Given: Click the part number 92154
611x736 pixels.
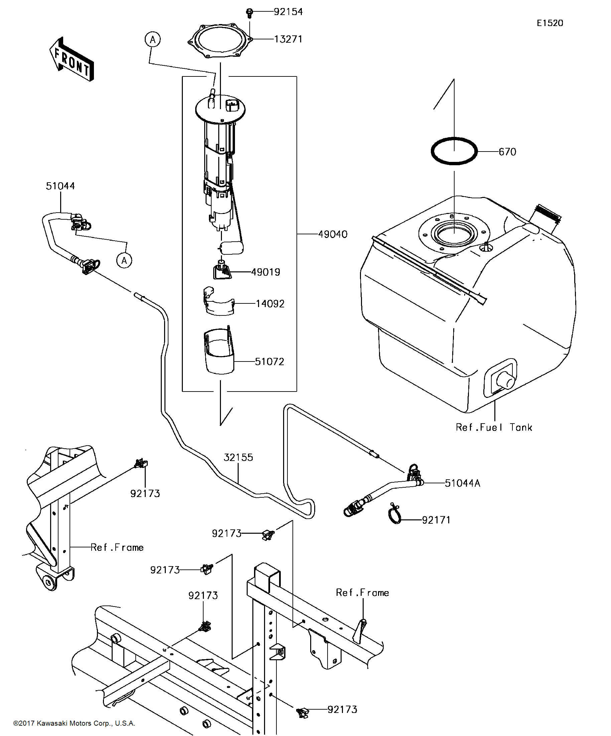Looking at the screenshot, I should [288, 12].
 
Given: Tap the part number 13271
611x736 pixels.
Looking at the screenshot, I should [288, 39].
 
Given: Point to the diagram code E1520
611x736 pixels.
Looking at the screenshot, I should [549, 23].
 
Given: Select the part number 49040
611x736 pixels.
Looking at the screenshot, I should [333, 234].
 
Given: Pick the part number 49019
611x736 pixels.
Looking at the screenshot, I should [266, 272].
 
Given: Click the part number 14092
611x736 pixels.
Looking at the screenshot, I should [270, 303].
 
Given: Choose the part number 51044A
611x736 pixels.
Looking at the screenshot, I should [462, 483].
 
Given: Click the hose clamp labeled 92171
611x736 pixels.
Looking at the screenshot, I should [395, 515].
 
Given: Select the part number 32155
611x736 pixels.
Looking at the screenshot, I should [238, 457].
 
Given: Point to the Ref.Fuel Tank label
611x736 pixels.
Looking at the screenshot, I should [494, 427].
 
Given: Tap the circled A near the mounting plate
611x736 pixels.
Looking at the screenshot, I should [153, 40].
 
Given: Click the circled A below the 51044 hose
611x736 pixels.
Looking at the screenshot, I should [124, 260].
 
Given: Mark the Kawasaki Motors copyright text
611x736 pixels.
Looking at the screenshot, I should [74, 723].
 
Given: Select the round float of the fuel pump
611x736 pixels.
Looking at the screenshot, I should [232, 247].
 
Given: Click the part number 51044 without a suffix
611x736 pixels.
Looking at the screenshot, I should [60, 186].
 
